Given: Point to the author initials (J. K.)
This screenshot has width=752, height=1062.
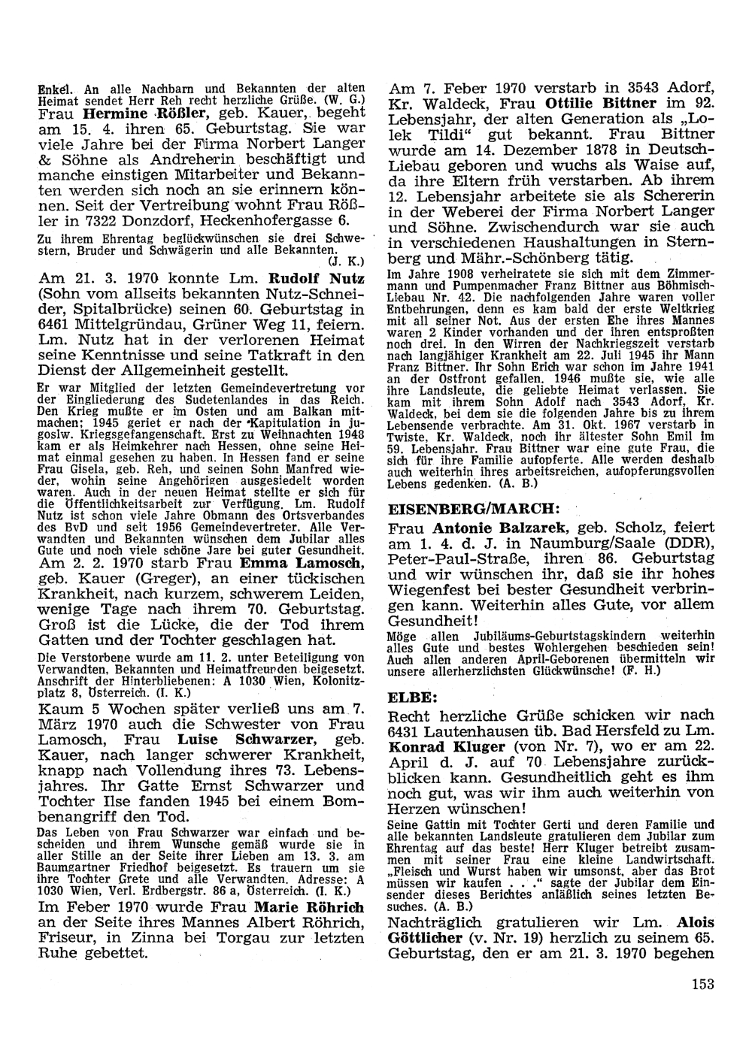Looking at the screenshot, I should click(347, 262).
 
